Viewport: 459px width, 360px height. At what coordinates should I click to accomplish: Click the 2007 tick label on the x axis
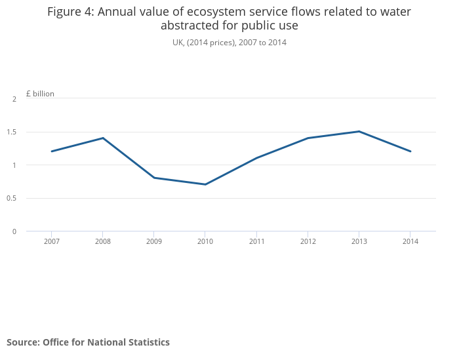51,241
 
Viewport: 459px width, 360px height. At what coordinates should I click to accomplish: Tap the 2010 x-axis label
205,241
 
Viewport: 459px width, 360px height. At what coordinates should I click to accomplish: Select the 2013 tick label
359,241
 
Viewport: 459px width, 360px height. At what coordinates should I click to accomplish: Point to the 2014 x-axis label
410,241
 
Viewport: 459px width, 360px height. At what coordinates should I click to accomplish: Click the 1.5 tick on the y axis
12,132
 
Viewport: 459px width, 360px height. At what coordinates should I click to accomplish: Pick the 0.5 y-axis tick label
12,198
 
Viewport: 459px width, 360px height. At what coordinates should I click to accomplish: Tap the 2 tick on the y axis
14,99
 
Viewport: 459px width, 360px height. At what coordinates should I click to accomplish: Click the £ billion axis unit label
40,94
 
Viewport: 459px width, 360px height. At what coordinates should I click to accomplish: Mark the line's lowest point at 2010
205,184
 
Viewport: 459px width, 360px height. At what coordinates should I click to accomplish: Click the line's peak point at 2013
359,131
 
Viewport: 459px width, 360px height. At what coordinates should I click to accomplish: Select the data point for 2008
102,138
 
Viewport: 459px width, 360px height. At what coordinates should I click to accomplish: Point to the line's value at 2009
153,178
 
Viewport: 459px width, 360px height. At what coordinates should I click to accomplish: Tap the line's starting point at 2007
51,151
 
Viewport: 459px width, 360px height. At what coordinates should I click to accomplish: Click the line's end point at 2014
410,151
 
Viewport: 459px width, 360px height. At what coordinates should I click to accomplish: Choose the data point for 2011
256,158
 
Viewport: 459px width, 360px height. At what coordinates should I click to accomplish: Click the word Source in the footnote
22,342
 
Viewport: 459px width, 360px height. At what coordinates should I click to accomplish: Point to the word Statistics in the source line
146,342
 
